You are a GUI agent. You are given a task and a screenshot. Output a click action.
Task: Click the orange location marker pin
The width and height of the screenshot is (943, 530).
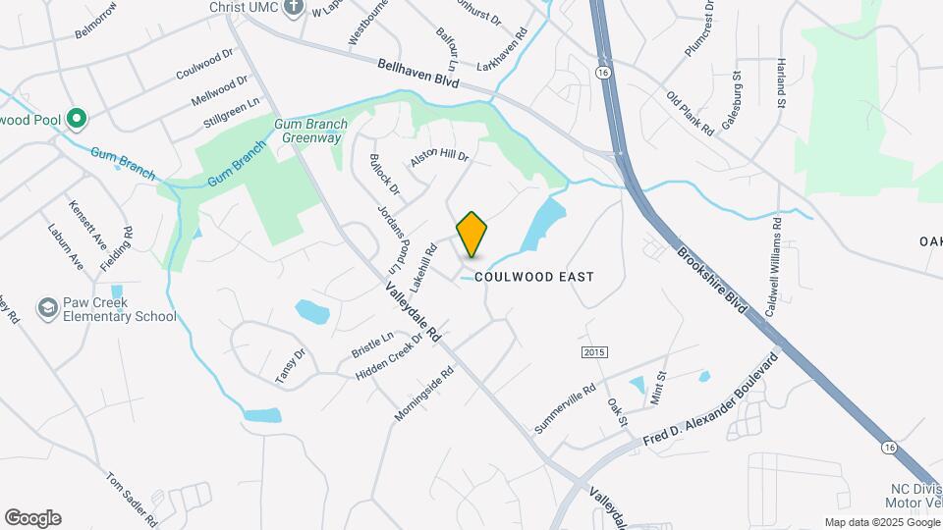[472, 234]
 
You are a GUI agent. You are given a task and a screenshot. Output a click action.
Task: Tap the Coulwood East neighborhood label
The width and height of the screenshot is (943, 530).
[534, 277]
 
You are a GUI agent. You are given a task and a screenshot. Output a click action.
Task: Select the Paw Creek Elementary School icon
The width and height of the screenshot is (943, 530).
[46, 309]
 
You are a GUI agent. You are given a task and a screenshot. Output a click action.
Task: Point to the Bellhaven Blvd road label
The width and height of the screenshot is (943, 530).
[418, 75]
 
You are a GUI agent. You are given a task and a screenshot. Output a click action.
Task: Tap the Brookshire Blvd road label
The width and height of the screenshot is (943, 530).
[712, 281]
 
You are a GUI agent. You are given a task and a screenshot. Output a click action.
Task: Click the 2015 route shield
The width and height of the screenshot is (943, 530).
[594, 352]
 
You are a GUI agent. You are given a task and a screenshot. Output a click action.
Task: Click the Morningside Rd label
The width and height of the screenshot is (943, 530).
[424, 395]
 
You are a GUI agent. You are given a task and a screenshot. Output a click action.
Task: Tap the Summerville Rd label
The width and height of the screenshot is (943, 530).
[565, 409]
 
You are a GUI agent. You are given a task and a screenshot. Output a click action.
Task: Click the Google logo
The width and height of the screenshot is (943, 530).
[32, 518]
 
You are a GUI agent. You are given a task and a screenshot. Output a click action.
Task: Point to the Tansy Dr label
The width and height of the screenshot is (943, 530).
[286, 366]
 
